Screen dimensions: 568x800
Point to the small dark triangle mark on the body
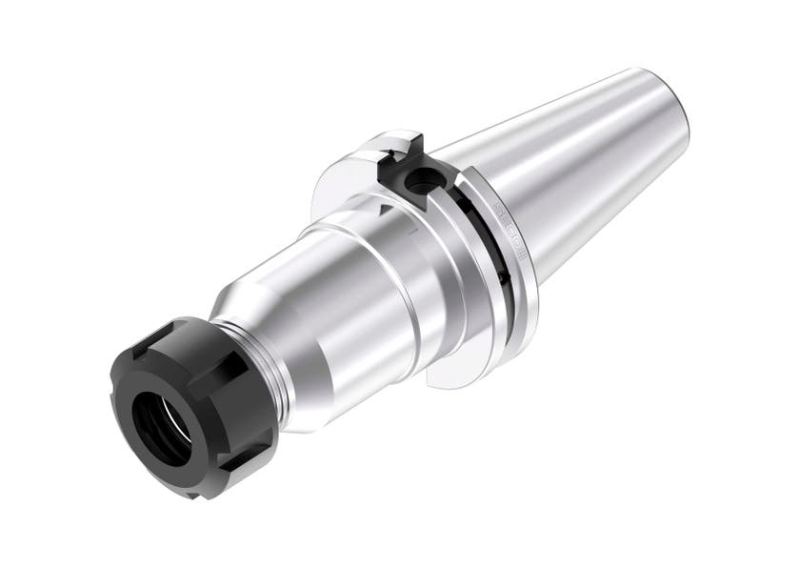[x=383, y=205]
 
